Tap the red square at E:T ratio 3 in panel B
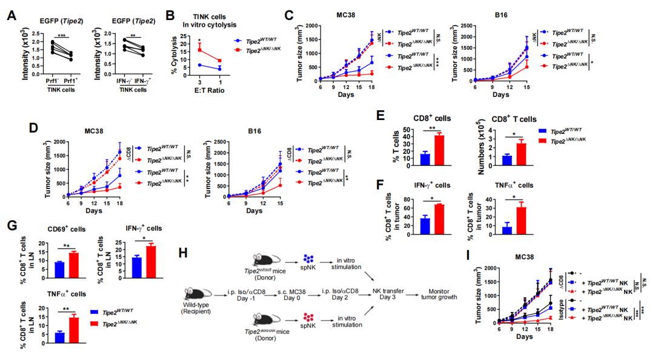tap(199, 50)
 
